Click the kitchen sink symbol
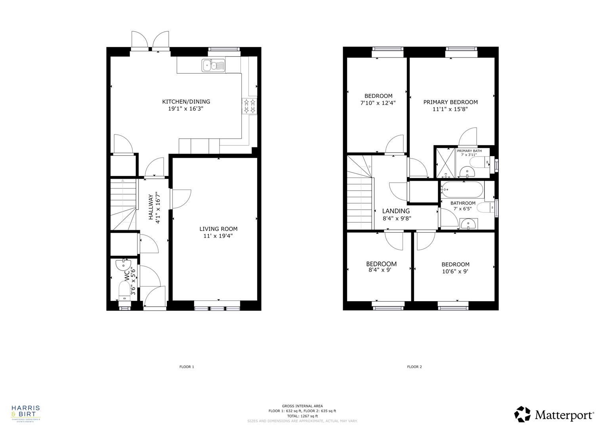pyautogui.click(x=213, y=65)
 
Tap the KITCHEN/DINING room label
pyautogui.click(x=186, y=101)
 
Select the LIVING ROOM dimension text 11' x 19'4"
pyautogui.click(x=218, y=236)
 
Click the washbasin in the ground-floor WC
pyautogui.click(x=123, y=264)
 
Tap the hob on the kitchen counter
pyautogui.click(x=249, y=106)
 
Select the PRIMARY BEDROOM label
pyautogui.click(x=450, y=102)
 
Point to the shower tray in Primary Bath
pyautogui.click(x=445, y=162)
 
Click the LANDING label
pyautogui.click(x=396, y=211)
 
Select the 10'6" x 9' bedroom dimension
pyautogui.click(x=455, y=272)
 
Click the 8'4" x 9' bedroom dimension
pyautogui.click(x=380, y=271)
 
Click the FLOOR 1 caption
pyautogui.click(x=187, y=367)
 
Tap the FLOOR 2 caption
pyautogui.click(x=414, y=367)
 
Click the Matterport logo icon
pyautogui.click(x=522, y=415)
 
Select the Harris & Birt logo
pyautogui.click(x=26, y=413)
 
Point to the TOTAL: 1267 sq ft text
pyautogui.click(x=303, y=416)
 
